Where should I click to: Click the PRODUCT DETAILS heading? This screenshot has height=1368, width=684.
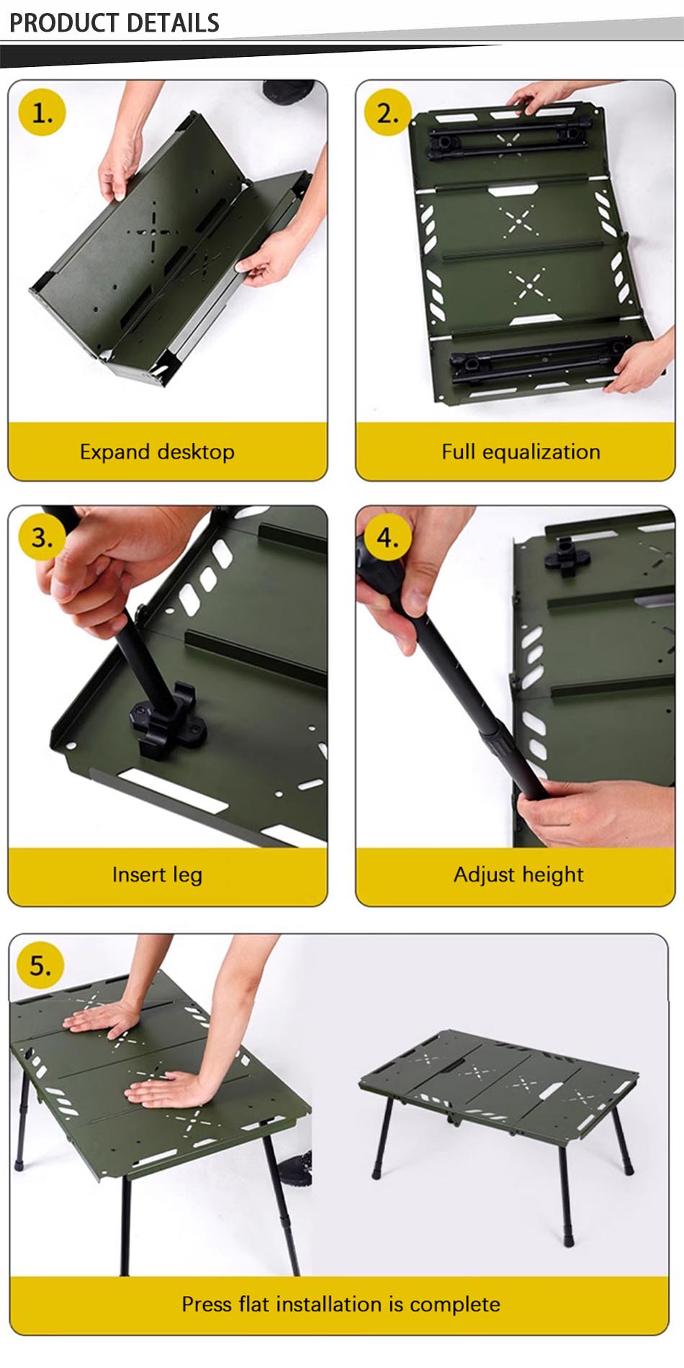(114, 23)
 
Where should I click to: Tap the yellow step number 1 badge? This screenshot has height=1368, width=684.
(42, 113)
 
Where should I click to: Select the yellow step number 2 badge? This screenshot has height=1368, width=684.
(387, 113)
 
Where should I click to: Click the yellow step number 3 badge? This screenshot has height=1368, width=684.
(42, 538)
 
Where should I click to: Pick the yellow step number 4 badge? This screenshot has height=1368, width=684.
(387, 538)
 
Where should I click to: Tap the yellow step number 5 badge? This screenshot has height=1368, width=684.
(40, 966)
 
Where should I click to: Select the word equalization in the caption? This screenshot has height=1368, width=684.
(541, 452)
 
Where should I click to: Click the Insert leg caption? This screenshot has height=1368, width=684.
(157, 875)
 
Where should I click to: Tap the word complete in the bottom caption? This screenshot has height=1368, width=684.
(454, 1304)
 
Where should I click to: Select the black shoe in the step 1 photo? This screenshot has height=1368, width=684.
(288, 91)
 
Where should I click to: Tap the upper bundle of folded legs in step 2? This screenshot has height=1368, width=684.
(508, 139)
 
